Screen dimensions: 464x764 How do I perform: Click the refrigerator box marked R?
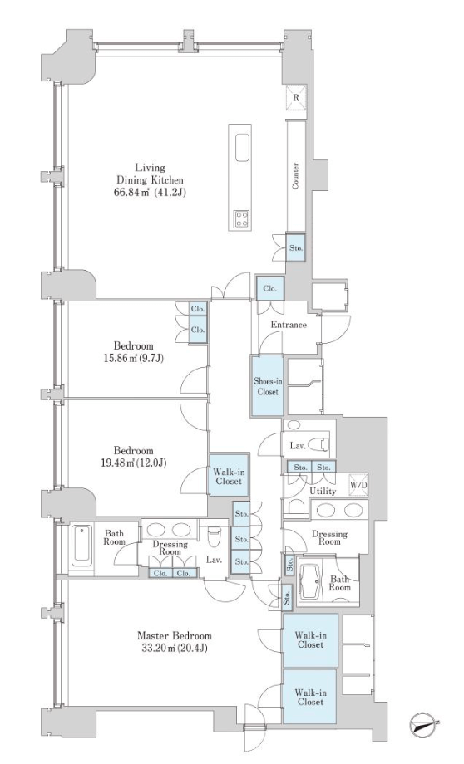pyautogui.click(x=296, y=96)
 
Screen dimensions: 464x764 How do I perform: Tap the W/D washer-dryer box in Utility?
pyautogui.click(x=358, y=485)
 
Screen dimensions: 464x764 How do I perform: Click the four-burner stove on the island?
pyautogui.click(x=242, y=218)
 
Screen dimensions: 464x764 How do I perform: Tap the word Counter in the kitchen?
pyautogui.click(x=296, y=176)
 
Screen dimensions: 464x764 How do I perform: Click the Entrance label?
pyautogui.click(x=289, y=325)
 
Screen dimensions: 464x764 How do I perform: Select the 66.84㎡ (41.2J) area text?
pyautogui.click(x=150, y=193)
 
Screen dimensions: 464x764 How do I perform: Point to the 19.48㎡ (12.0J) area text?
pyautogui.click(x=133, y=463)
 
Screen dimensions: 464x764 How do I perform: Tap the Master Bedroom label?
pyautogui.click(x=174, y=636)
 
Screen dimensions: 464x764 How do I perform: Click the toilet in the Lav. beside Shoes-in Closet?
pyautogui.click(x=321, y=445)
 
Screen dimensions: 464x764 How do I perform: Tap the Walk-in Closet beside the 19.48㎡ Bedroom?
pyautogui.click(x=229, y=476)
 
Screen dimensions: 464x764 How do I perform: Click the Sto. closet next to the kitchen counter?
pyautogui.click(x=296, y=247)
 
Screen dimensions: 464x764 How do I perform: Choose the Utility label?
pyautogui.click(x=323, y=491)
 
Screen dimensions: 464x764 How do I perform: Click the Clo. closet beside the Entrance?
pyautogui.click(x=269, y=288)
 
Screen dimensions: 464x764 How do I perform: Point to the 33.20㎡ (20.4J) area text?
pyautogui.click(x=174, y=648)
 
